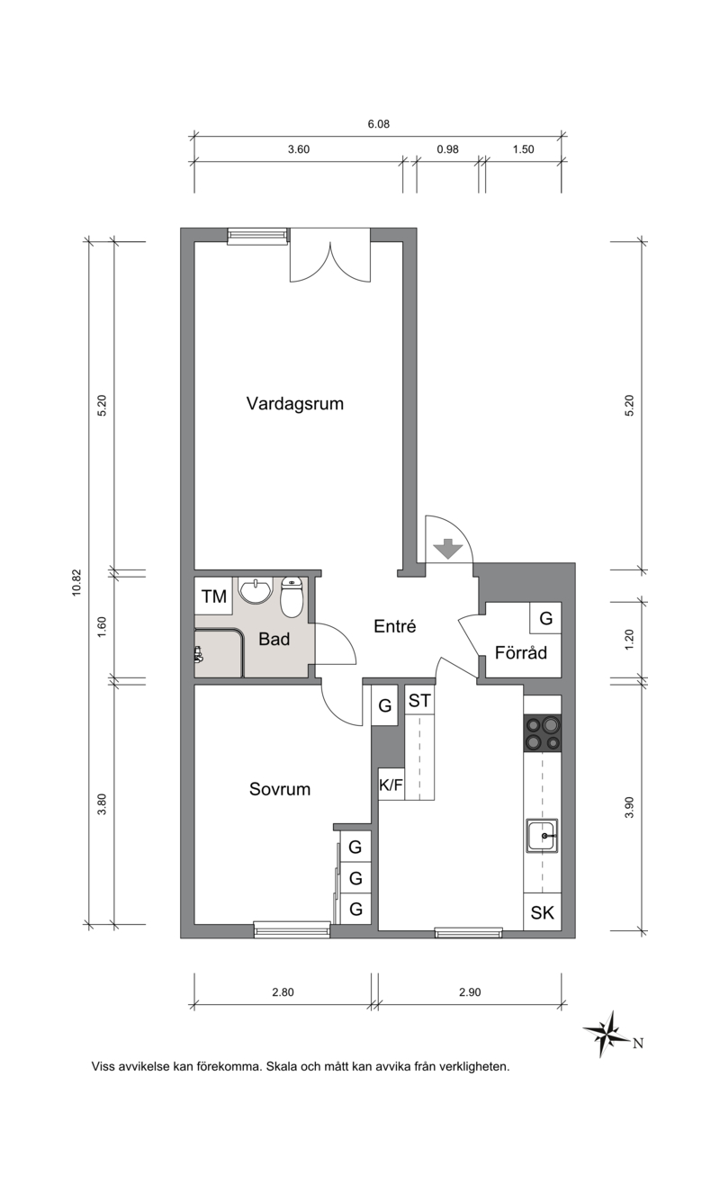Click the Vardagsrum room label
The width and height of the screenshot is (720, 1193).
(294, 404)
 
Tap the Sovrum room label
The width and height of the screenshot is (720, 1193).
(280, 789)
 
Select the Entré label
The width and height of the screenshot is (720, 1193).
(394, 626)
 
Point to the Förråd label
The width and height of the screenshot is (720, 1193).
(521, 652)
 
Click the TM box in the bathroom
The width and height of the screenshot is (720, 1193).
(213, 596)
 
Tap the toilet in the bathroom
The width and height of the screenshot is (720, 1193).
(292, 597)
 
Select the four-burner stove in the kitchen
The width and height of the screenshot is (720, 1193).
(543, 733)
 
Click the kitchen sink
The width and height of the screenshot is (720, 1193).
(543, 835)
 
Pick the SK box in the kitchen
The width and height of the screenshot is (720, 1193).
(543, 912)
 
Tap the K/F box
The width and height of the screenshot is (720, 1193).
(391, 784)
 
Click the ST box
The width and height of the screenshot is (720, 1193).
(419, 700)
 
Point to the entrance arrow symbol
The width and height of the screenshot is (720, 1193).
(448, 549)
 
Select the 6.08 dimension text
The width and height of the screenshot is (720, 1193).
(378, 124)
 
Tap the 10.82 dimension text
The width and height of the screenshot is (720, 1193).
(76, 583)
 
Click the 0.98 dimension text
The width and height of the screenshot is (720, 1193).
(447, 149)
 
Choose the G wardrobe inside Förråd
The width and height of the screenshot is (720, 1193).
(545, 618)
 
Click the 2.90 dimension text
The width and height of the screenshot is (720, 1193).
(470, 992)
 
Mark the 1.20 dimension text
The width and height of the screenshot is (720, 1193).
(629, 639)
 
